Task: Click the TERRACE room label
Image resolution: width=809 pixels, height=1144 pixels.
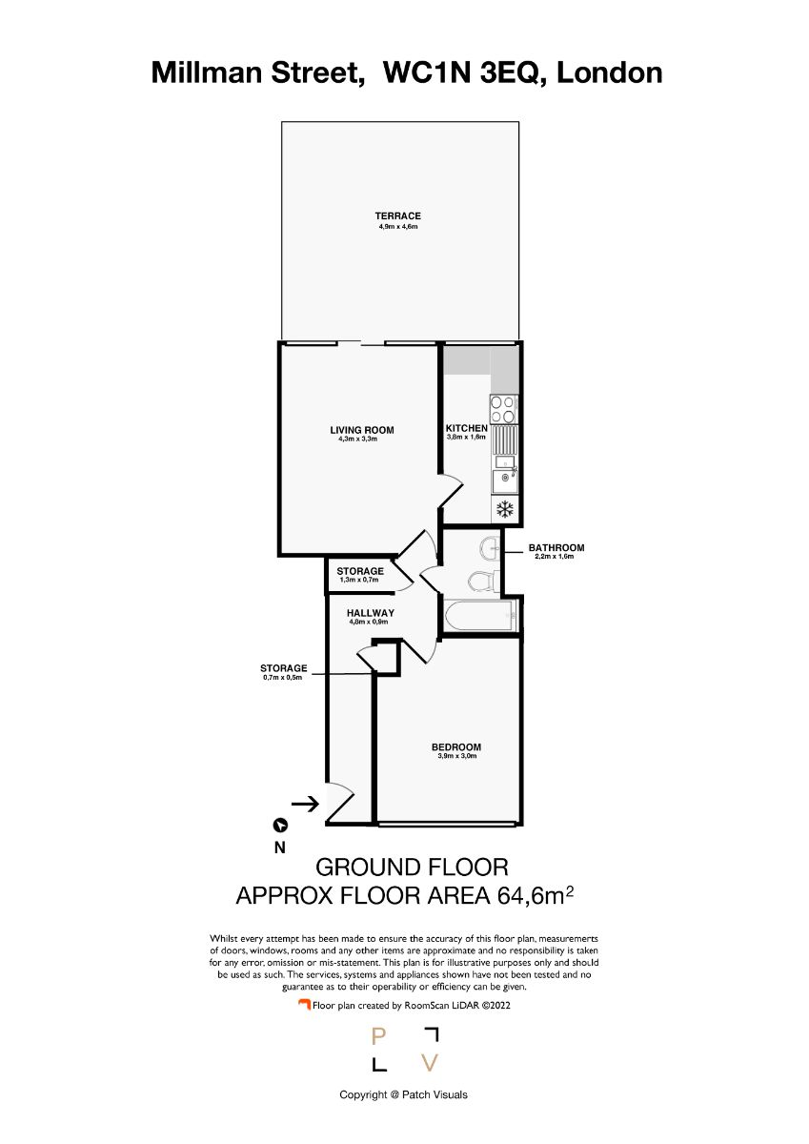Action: [397, 216]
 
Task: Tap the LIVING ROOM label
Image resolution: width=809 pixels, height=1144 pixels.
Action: [362, 430]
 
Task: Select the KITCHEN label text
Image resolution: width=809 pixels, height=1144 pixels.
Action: [467, 428]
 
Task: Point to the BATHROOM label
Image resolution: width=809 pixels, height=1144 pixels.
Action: [556, 547]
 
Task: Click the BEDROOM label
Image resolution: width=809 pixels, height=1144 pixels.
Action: [456, 747]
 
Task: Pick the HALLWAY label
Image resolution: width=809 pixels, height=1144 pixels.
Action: [371, 613]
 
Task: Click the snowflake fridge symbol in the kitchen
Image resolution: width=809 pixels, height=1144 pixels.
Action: [505, 509]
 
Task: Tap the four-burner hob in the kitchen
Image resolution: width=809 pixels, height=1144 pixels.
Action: [504, 409]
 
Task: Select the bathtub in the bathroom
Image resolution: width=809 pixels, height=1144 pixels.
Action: [480, 615]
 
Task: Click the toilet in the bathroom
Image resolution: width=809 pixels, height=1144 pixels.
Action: [483, 581]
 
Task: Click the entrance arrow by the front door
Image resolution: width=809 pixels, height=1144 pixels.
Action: [305, 805]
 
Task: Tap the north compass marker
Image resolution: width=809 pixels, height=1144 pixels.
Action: [281, 825]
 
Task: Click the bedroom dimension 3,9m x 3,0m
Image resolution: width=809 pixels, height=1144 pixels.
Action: [456, 756]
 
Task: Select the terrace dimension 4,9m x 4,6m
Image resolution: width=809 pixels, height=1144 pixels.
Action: [397, 226]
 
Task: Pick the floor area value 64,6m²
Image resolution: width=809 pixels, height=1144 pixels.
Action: [535, 896]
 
